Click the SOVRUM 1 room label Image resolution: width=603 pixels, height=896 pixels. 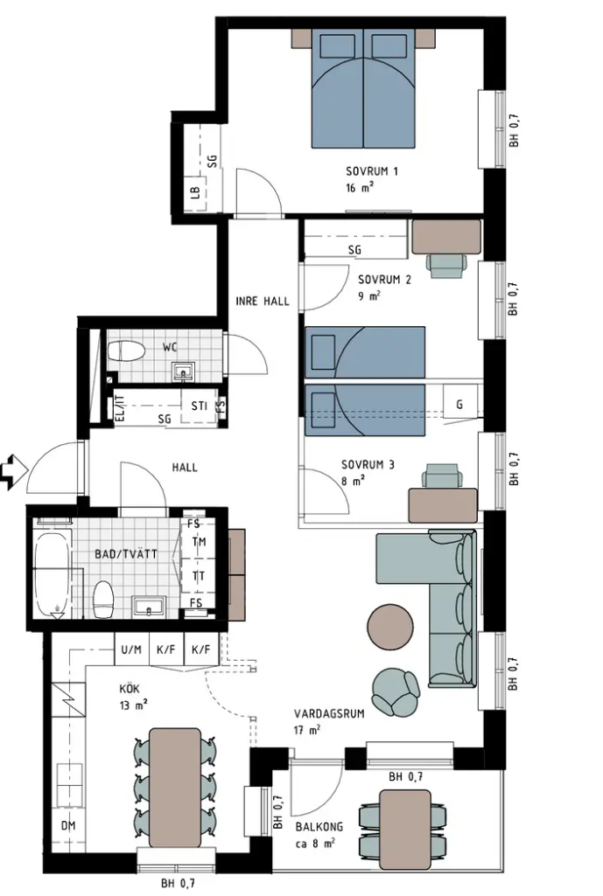click(371, 170)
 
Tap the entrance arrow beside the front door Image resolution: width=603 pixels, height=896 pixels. click(15, 471)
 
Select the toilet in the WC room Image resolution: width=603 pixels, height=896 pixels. click(125, 351)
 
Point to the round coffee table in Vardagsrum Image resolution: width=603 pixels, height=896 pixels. click(389, 625)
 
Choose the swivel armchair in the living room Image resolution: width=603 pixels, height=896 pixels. click(396, 691)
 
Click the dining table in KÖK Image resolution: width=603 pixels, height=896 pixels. click(175, 787)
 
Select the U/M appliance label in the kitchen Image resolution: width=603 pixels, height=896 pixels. click(131, 649)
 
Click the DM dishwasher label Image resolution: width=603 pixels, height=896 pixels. click(68, 826)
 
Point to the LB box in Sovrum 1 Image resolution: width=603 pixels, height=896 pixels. click(196, 194)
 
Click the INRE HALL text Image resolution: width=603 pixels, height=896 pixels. click(263, 301)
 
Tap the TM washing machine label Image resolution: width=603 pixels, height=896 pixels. click(199, 541)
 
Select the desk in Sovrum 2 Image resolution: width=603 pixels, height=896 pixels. click(447, 237)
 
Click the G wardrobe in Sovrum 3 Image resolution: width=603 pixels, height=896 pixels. click(459, 405)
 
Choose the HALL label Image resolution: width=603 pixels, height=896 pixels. click(185, 468)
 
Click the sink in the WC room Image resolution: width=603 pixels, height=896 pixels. click(184, 372)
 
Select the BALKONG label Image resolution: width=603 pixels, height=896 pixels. click(319, 827)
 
